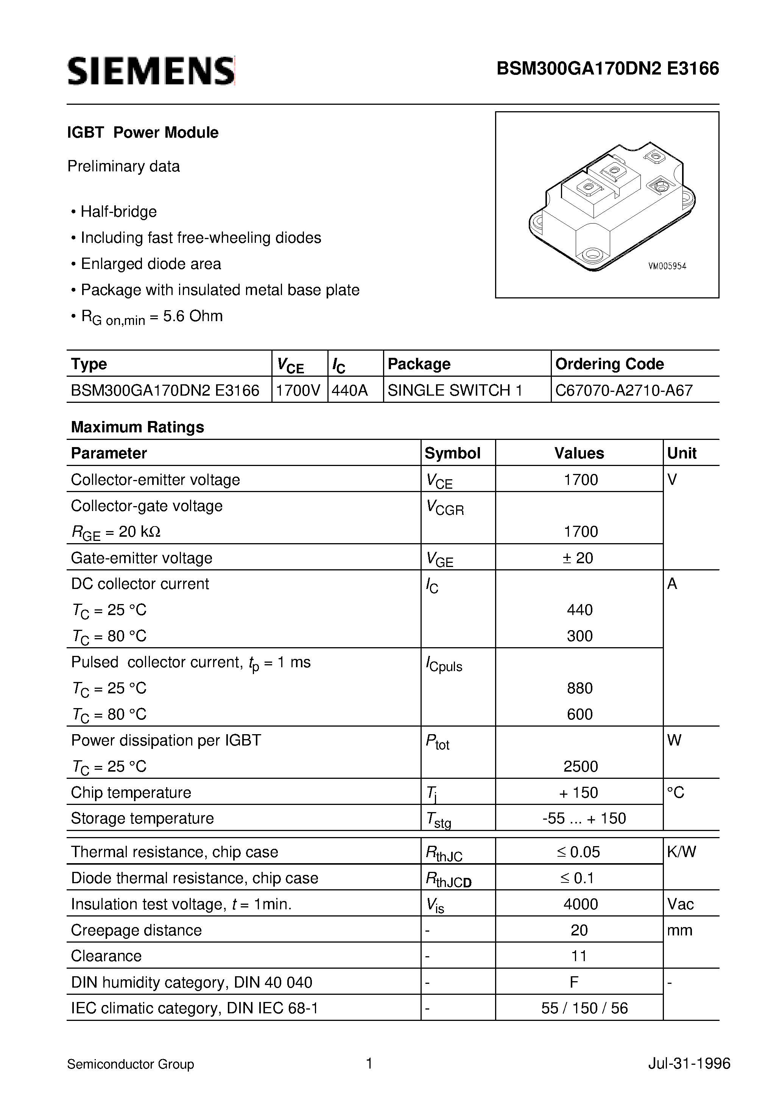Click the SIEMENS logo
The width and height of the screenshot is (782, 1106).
tap(151, 71)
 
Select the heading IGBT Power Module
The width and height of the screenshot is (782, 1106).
tap(143, 132)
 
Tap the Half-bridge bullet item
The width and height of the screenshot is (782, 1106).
tap(118, 211)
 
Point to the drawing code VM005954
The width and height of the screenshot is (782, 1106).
tap(667, 266)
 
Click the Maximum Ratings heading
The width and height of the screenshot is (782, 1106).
tap(137, 427)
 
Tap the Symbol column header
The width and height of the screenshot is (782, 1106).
tap(452, 453)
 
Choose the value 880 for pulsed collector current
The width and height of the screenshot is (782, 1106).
tap(579, 688)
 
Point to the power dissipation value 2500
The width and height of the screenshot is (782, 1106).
tap(580, 766)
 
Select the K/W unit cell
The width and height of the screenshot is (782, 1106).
tap(681, 852)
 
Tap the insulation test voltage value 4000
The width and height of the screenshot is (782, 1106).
tap(580, 904)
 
